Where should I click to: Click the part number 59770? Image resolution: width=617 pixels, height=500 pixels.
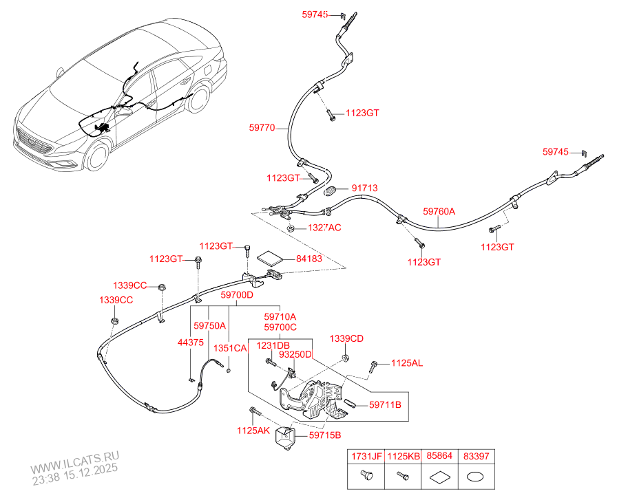pyautogui.click(x=262, y=127)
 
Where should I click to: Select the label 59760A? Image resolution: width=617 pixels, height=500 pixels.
pyautogui.click(x=439, y=212)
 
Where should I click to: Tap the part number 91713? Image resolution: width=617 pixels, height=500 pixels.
pyautogui.click(x=364, y=188)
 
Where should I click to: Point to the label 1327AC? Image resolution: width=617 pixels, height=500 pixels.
pyautogui.click(x=324, y=228)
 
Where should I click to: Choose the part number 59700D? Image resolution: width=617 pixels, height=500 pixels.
pyautogui.click(x=237, y=295)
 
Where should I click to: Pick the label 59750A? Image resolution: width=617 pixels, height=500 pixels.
pyautogui.click(x=209, y=326)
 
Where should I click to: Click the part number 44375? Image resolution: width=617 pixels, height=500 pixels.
pyautogui.click(x=190, y=342)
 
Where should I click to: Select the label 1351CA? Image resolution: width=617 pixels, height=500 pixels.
pyautogui.click(x=229, y=349)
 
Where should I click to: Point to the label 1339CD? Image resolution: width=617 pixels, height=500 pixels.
pyautogui.click(x=346, y=338)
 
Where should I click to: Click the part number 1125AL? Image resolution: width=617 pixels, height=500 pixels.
pyautogui.click(x=407, y=363)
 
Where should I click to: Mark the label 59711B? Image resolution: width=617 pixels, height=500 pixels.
pyautogui.click(x=384, y=405)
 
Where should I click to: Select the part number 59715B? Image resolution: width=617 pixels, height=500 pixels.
pyautogui.click(x=324, y=435)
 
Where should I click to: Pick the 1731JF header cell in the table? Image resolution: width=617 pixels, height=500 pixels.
pyautogui.click(x=366, y=456)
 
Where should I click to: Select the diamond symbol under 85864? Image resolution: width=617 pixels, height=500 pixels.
pyautogui.click(x=439, y=475)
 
